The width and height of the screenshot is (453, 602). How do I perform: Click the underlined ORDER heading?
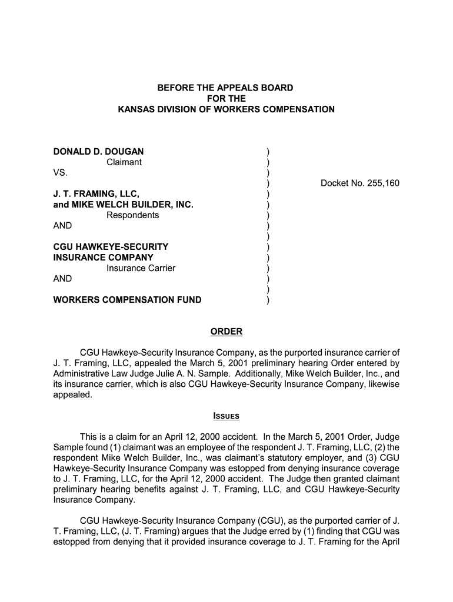(226, 332)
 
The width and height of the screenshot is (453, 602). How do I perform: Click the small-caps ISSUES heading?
(226, 417)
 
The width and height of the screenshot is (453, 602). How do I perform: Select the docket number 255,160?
(360, 183)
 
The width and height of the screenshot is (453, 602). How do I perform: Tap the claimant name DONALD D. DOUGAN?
(98, 152)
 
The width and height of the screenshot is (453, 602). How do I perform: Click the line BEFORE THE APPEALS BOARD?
(225, 88)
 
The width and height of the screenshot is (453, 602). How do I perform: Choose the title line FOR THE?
(226, 99)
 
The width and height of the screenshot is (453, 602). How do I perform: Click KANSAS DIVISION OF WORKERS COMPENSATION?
(226, 109)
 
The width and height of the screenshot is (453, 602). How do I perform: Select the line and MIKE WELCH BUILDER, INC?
(123, 205)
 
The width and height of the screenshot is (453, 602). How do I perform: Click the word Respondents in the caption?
(132, 215)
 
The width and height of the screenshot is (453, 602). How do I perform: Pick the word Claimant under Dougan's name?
(124, 162)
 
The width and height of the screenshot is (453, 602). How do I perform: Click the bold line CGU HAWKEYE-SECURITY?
(111, 247)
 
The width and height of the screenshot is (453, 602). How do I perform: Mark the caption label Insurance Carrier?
(141, 268)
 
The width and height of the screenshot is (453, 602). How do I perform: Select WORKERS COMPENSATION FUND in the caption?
(127, 300)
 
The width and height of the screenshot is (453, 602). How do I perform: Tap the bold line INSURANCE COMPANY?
(103, 257)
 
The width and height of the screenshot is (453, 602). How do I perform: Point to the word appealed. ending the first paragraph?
(73, 395)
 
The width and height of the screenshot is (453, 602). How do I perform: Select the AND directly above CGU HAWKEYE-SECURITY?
(62, 226)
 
